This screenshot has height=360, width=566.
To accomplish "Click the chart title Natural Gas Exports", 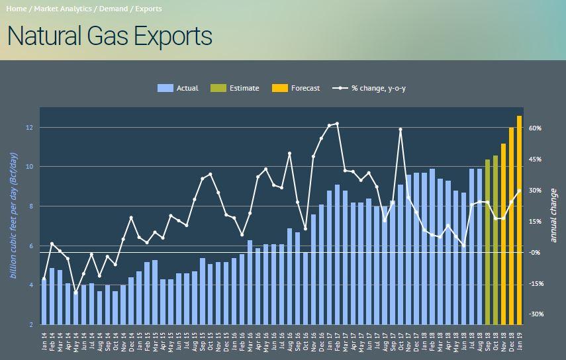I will pyautogui.click(x=110, y=36).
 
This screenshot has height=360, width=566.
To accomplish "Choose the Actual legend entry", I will pyautogui.click(x=179, y=88).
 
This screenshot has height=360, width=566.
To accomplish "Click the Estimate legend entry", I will pyautogui.click(x=236, y=88).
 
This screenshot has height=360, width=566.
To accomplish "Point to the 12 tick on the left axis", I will pyautogui.click(x=30, y=127).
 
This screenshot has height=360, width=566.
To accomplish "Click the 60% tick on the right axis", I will pyautogui.click(x=536, y=128).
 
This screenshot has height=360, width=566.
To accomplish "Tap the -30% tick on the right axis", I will pyautogui.click(x=536, y=314).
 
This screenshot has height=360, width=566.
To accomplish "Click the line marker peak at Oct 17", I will pyautogui.click(x=401, y=130).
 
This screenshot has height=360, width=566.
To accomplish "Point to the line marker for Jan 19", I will pyautogui.click(x=519, y=191).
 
